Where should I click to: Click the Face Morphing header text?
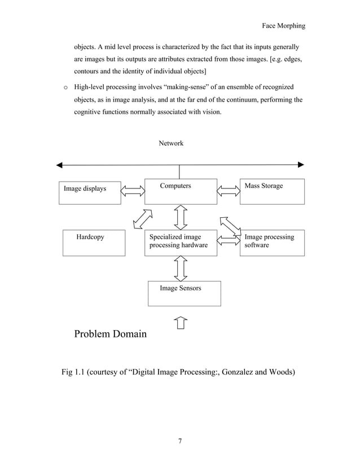tap(284, 26)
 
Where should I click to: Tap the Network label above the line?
tap(171, 143)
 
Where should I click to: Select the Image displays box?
tap(90, 192)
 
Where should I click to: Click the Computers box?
tap(181, 191)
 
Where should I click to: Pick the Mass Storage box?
tap(272, 191)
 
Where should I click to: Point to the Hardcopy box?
tap(94, 243)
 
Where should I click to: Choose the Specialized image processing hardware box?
tap(181, 243)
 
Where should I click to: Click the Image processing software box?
tap(272, 243)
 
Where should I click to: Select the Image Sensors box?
tap(184, 293)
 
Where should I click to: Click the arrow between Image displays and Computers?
tap(133, 192)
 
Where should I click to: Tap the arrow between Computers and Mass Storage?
tap(229, 192)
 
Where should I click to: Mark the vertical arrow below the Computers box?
tap(181, 217)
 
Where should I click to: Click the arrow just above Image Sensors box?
tap(181, 269)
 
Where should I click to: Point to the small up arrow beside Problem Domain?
tap(181, 323)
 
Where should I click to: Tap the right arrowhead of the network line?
tap(301, 165)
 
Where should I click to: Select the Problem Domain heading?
tap(110, 334)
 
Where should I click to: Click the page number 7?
tap(179, 441)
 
